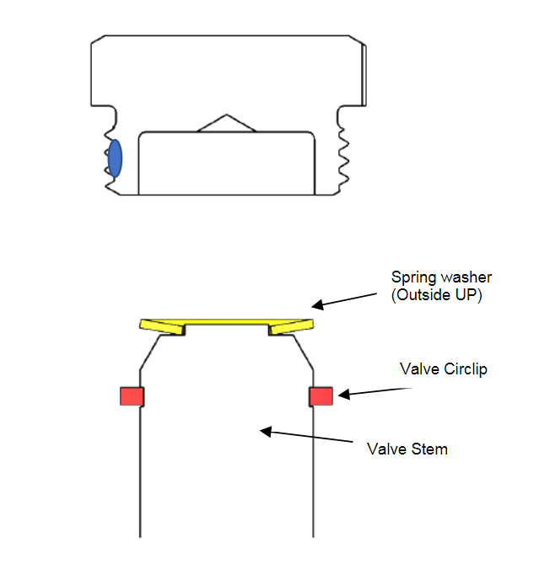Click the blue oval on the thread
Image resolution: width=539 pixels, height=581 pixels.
click(x=115, y=159)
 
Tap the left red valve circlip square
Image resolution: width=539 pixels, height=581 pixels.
click(x=132, y=396)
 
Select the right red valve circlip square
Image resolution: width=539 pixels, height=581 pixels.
click(x=321, y=396)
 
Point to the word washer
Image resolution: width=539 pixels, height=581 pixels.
click(x=467, y=277)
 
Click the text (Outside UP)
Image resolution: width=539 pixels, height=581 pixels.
click(x=437, y=295)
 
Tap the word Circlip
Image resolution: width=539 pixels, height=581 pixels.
click(x=466, y=369)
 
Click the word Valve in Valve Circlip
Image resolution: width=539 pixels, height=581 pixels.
click(x=419, y=369)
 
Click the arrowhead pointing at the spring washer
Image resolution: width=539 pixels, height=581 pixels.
click(x=317, y=304)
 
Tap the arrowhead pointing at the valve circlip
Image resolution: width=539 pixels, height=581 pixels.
click(x=344, y=395)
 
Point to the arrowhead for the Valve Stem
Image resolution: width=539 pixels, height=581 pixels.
click(x=266, y=431)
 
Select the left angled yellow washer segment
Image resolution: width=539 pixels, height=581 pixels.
click(x=162, y=327)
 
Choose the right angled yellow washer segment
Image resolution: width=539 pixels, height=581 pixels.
click(x=291, y=327)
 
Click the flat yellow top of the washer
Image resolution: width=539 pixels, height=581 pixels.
click(x=227, y=321)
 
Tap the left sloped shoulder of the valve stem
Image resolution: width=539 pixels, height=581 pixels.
click(x=150, y=352)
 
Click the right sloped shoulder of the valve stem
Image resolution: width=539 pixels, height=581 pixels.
click(x=303, y=352)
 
